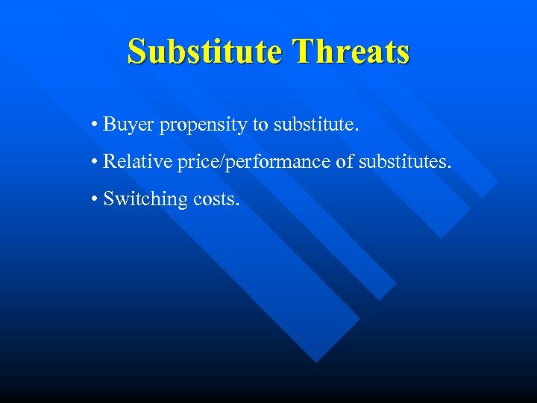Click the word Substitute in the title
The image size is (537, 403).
204,52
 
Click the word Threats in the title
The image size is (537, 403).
351,52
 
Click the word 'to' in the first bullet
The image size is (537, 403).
261,124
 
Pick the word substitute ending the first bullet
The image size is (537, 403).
314,124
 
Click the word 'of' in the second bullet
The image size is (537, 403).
344,161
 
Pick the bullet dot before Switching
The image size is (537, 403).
96,199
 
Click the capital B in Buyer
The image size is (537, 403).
109,124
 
